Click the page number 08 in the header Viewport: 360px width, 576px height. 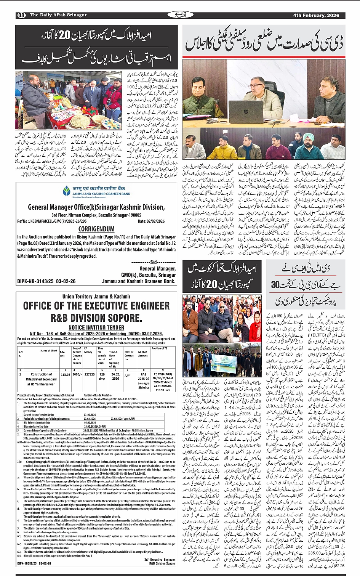(x=21, y=15)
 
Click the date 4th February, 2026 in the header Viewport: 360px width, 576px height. (x=316, y=15)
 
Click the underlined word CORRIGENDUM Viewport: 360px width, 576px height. (x=96, y=229)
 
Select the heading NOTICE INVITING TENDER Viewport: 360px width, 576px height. (x=96, y=327)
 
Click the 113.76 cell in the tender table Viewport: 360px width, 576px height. (x=65, y=375)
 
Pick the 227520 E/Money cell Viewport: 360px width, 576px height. (x=89, y=375)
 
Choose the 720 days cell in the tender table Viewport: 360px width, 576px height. (x=102, y=377)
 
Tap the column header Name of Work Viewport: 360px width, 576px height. (x=49, y=350)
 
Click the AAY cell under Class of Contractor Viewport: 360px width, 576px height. (x=127, y=375)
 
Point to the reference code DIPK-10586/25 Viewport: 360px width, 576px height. (x=34, y=563)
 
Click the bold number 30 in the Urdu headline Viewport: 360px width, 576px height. (x=275, y=285)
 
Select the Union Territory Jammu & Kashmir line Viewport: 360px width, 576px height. (x=96, y=296)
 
